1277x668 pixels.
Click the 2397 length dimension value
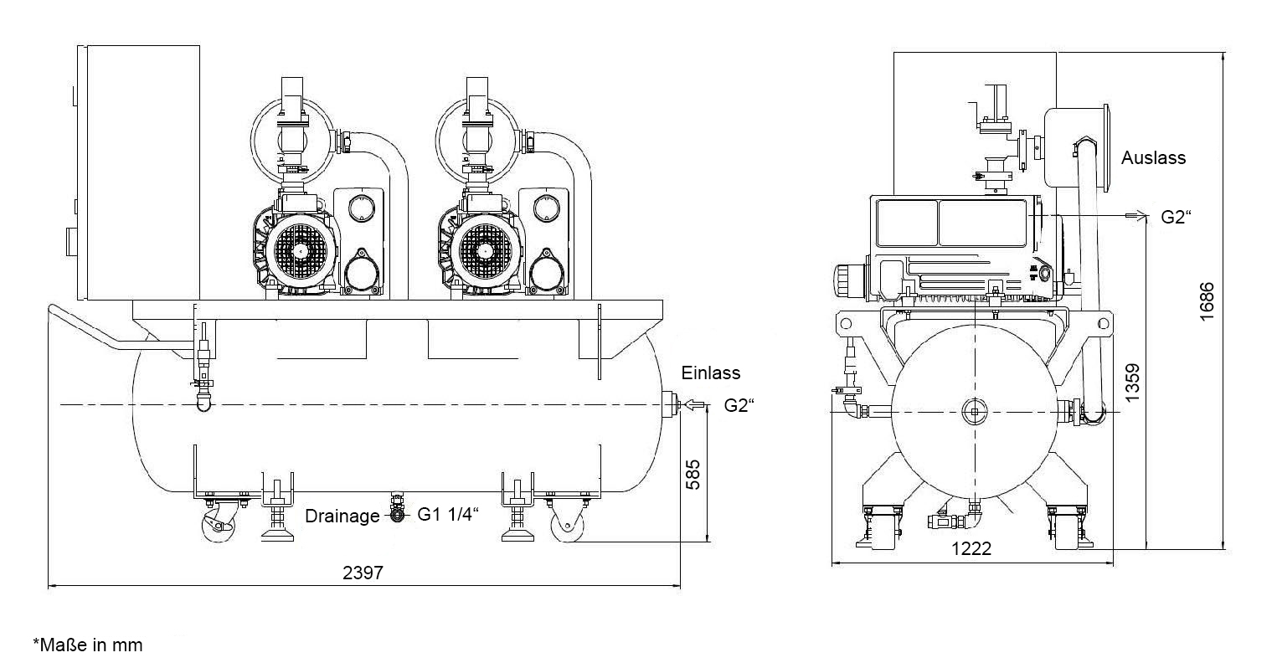click(x=363, y=573)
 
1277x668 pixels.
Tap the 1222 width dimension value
click(x=971, y=548)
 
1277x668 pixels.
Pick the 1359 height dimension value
click(x=1131, y=382)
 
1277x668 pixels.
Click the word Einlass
click(x=711, y=373)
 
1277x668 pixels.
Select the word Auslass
click(x=1154, y=157)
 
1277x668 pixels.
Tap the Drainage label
click(x=342, y=516)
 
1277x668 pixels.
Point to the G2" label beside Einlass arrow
click(x=739, y=406)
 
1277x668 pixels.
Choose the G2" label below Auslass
click(x=1177, y=218)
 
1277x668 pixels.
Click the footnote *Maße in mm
click(x=88, y=645)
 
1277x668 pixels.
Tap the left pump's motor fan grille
click(x=296, y=248)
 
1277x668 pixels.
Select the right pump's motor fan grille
click(x=482, y=248)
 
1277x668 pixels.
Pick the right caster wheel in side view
click(x=568, y=528)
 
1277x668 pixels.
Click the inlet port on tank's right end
click(x=670, y=405)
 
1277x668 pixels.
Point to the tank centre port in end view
click(x=974, y=411)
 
